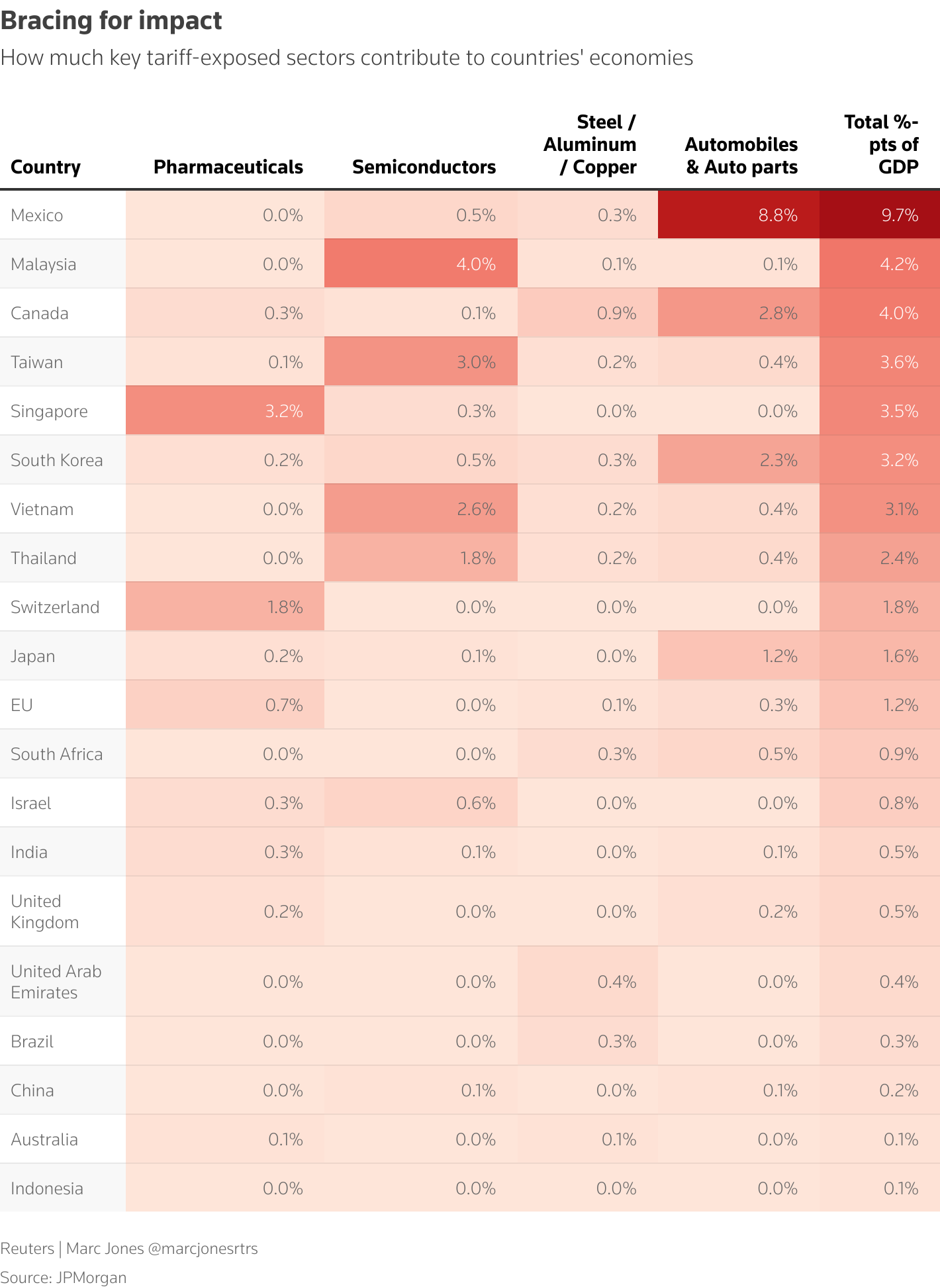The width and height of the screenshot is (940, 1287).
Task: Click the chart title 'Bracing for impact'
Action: tap(111, 21)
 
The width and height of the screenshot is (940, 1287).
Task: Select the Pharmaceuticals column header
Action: tap(228, 167)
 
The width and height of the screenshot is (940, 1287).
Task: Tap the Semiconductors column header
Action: tap(424, 167)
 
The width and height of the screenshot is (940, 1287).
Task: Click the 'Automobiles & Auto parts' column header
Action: tap(741, 156)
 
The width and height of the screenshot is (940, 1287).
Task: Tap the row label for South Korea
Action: tap(57, 460)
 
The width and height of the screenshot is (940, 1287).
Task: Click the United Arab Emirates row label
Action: tap(56, 982)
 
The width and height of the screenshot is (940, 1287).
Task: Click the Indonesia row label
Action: tap(47, 1188)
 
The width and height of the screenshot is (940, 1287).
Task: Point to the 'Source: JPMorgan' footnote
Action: tap(64, 1277)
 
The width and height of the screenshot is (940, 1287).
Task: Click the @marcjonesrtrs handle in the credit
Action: tap(203, 1248)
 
